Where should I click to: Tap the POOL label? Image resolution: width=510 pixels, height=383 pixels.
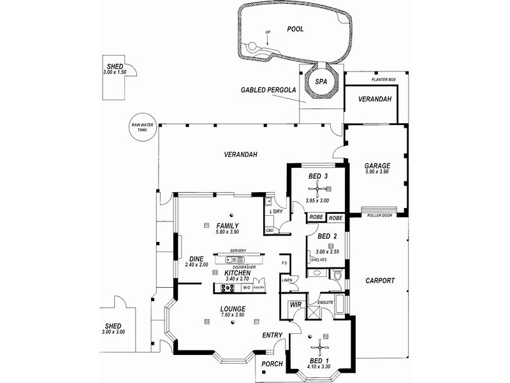[x=295, y=29]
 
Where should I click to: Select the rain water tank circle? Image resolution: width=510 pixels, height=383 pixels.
[x=138, y=128]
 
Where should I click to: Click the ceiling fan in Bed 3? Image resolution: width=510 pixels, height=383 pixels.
[x=317, y=188]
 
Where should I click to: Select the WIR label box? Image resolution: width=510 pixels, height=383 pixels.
[x=295, y=306]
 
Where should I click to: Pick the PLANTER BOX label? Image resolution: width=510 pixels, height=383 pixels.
[x=384, y=80]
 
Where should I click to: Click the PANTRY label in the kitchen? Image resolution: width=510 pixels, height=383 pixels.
[x=258, y=288]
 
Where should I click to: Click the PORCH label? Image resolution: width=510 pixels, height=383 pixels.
[x=272, y=364]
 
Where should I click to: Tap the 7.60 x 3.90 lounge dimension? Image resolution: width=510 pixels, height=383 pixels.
[x=231, y=315]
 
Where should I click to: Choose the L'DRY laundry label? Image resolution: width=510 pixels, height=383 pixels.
[x=277, y=211]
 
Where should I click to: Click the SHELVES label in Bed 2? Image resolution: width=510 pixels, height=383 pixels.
[x=319, y=260]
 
